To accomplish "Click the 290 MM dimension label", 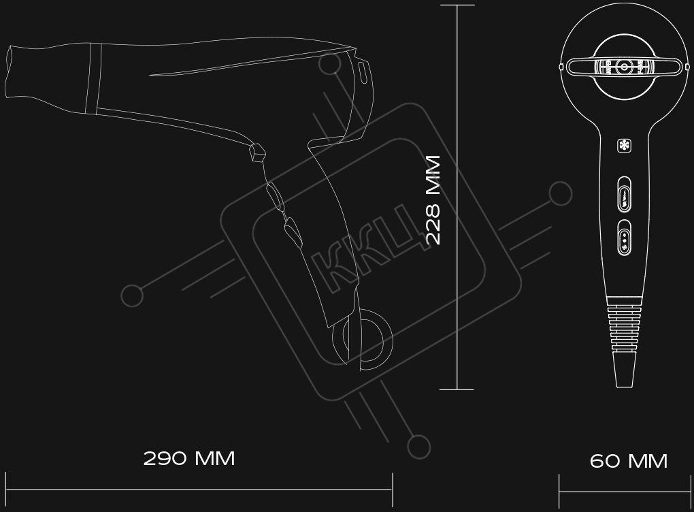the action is point(189,458).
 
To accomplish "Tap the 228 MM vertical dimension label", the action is point(433,199).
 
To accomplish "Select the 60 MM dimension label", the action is point(629,461).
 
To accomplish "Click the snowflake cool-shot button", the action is point(624,146).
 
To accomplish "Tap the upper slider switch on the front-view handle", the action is point(624,195).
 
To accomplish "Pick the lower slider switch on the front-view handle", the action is point(624,238).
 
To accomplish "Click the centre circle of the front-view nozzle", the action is point(624,67).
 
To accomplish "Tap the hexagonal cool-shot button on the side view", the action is point(257,153).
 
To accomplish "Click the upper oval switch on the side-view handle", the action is point(275,196).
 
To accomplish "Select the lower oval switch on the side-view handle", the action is point(293,231).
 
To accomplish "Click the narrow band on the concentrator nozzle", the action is point(93,79).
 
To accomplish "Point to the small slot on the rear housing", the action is point(363,72).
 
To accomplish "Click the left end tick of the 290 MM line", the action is point(5,490).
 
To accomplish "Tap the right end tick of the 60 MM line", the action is point(689,491).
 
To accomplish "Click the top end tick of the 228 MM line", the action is point(457,5).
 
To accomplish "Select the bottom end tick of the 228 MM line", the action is point(457,389).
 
